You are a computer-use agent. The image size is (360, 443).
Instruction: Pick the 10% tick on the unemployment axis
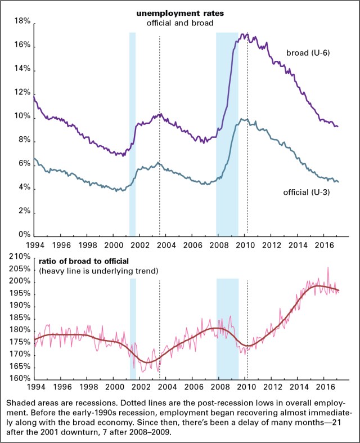(x=22, y=117)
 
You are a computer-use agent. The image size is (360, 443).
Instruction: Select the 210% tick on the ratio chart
(x=19, y=257)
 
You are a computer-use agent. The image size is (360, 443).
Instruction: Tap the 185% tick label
(x=19, y=318)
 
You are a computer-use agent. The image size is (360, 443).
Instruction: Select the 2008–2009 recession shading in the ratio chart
(x=228, y=329)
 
